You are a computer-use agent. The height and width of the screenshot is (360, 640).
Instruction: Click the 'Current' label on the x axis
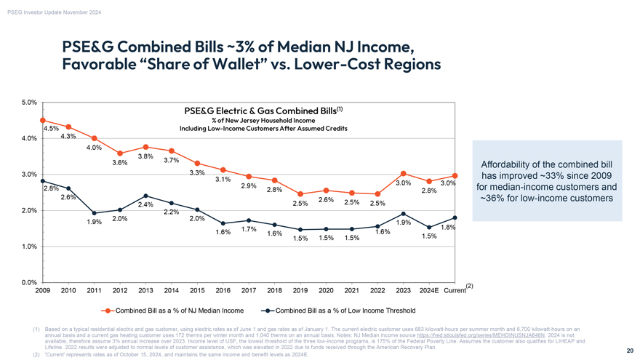(x=454, y=291)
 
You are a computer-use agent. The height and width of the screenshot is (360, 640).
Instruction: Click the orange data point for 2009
(x=43, y=120)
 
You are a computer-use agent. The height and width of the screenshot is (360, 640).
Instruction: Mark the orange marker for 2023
(x=403, y=173)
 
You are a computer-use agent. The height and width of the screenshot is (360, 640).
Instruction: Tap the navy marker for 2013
(x=146, y=196)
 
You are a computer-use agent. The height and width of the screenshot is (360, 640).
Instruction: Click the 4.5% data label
(x=51, y=129)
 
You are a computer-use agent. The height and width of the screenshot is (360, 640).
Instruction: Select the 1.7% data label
(x=248, y=230)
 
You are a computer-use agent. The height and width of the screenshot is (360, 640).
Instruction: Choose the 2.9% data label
(x=248, y=185)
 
